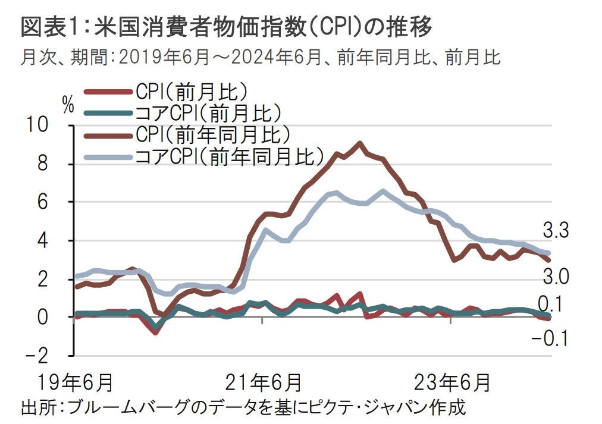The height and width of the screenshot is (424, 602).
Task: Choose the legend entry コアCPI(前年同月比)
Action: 230,156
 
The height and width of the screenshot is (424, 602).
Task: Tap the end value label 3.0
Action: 556,277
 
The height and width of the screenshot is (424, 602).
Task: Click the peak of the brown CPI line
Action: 359,143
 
